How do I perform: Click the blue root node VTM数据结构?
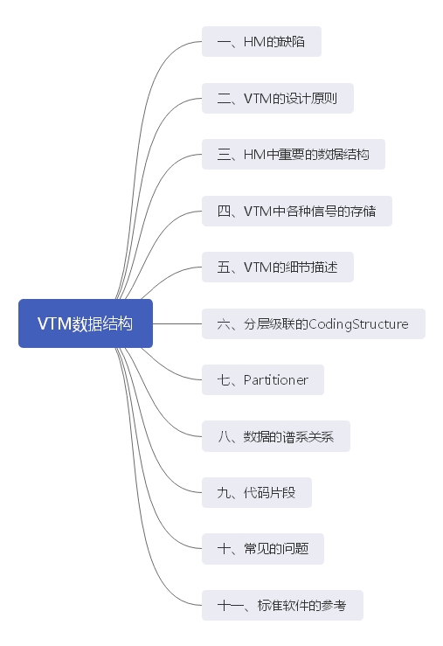[x=86, y=323]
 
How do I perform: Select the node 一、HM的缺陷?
[x=261, y=42]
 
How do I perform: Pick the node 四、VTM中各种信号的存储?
[x=296, y=211]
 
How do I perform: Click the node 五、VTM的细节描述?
[x=277, y=267]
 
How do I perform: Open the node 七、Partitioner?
[x=262, y=380]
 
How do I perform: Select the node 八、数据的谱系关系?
[x=275, y=436]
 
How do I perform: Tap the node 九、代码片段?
[x=256, y=493]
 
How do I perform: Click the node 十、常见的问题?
[x=262, y=549]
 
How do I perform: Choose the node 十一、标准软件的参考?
[x=281, y=606]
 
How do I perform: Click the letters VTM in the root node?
[x=53, y=323]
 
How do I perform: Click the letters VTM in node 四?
[x=259, y=211]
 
